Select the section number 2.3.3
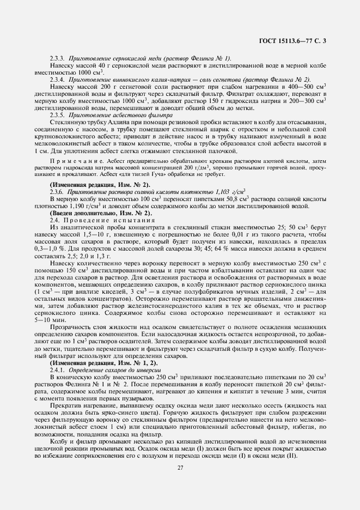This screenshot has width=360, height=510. pyautogui.click(x=58, y=58)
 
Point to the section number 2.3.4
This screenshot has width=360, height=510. pyautogui.click(x=58, y=79)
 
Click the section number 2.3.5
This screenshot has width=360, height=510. pyautogui.click(x=58, y=115)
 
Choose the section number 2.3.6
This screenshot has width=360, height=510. pyautogui.click(x=58, y=191)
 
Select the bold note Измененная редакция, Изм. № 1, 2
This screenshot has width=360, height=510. pyautogui.click(x=96, y=362)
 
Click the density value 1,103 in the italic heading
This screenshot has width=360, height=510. pyautogui.click(x=221, y=191)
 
